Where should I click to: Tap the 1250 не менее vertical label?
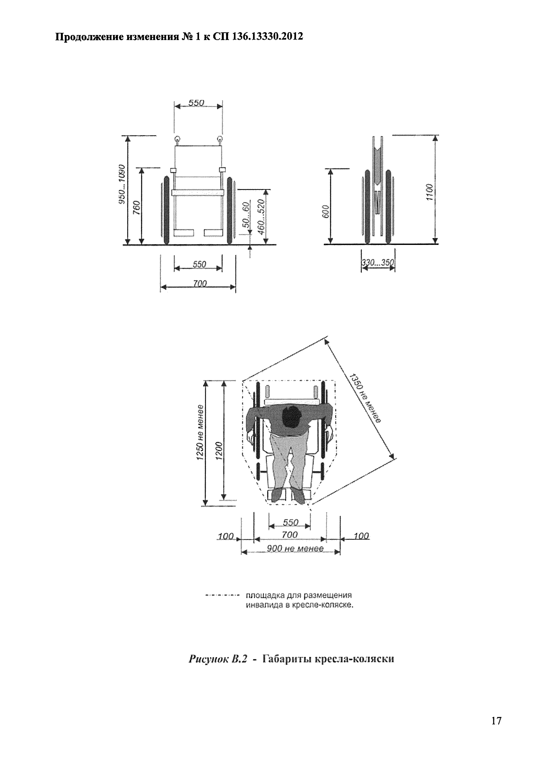coord(200,432)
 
